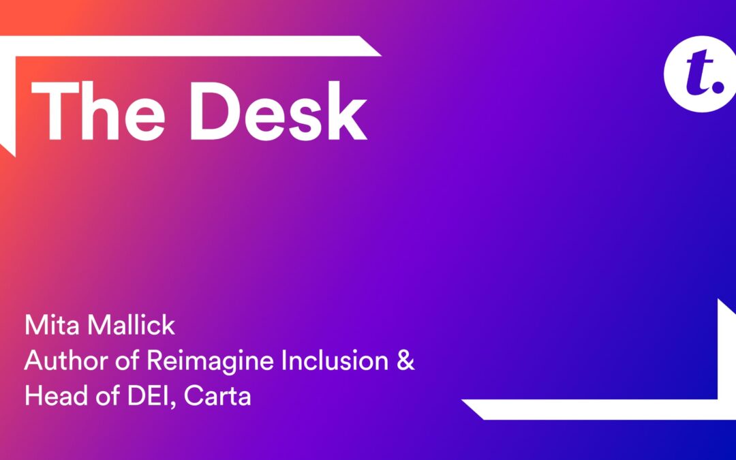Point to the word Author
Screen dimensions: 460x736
pyautogui.click(x=58, y=362)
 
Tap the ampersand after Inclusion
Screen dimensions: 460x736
pyautogui.click(x=405, y=362)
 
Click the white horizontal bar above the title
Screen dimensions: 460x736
pyautogui.click(x=191, y=45)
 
